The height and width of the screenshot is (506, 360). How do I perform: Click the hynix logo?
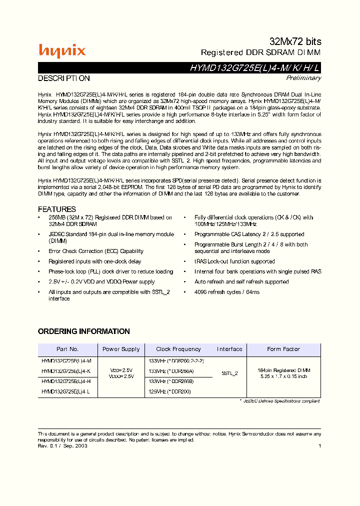[62, 50]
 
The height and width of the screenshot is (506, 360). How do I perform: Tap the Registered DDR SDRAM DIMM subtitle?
[260, 52]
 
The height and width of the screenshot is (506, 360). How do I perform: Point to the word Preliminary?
[303, 78]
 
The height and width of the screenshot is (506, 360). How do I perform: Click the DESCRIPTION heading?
[64, 78]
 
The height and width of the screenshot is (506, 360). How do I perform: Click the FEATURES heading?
[57, 209]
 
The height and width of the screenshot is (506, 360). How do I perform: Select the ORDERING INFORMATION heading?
[84, 331]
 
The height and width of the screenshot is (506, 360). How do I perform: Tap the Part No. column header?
[67, 349]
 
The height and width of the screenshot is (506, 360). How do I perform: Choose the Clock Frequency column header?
[178, 349]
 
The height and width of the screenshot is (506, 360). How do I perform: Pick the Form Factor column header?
[283, 349]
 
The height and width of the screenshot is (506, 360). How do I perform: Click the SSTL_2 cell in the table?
[229, 373]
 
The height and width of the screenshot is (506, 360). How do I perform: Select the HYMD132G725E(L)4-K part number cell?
[66, 370]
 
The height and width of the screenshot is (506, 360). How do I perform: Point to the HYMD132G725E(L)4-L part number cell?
[66, 391]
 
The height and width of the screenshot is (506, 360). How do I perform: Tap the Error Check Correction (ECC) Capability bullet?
[95, 251]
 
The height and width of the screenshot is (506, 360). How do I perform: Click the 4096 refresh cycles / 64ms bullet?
[227, 292]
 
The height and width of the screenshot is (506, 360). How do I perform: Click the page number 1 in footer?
[319, 445]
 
